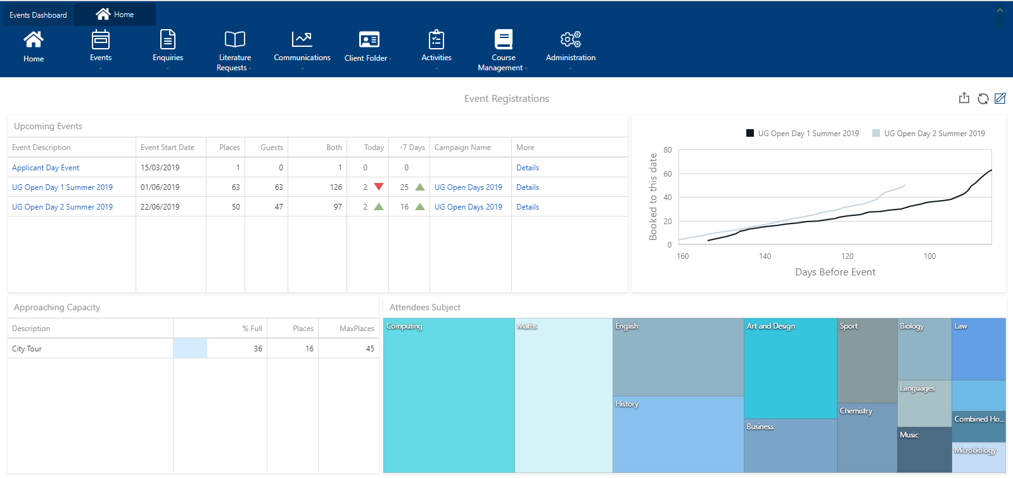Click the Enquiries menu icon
coord(168,40)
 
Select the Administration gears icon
coord(570,39)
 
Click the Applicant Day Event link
coord(46,168)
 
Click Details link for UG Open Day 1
coord(527,187)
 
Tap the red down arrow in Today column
coord(379,187)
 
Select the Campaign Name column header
coord(462,148)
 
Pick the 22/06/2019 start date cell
coord(160,207)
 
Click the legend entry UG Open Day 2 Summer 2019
coord(934,134)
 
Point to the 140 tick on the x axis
coord(765,256)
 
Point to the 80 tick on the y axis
coord(668,150)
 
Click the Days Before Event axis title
coord(835,272)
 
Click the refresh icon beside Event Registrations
coord(983,99)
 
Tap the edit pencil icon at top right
coord(1000,99)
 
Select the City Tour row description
coord(27,349)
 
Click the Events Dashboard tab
coord(38,15)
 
